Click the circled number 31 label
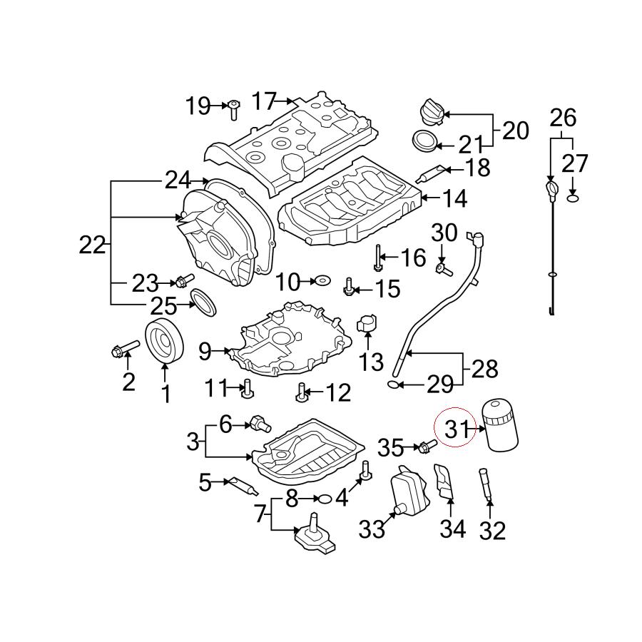point(456,428)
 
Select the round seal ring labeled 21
point(425,141)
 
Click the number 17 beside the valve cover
point(263,101)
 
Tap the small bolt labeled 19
point(233,109)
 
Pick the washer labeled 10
point(322,282)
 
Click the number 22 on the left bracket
point(92,245)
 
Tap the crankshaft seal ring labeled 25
point(205,301)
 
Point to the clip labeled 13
point(368,322)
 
